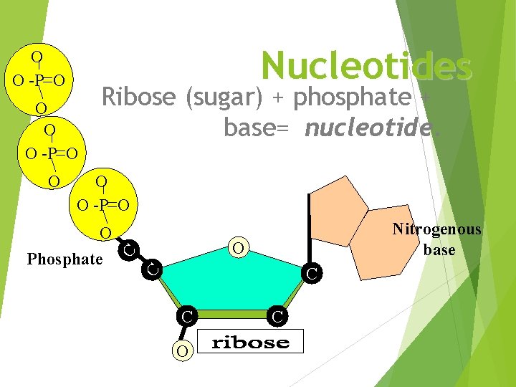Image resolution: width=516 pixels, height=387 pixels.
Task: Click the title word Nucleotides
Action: (366, 66)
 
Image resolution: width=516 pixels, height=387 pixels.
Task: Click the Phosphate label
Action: (64, 259)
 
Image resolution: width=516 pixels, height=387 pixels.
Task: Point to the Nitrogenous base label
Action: (437, 239)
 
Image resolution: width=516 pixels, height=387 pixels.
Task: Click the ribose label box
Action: (251, 342)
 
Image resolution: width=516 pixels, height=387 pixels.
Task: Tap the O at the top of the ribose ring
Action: (240, 248)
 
